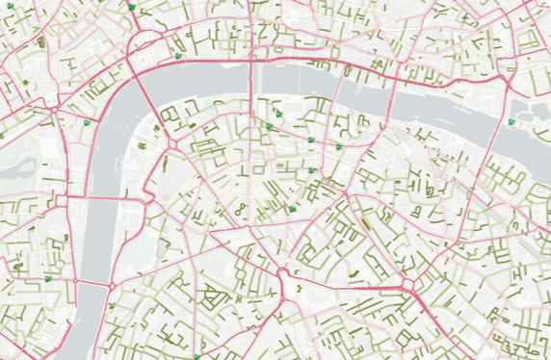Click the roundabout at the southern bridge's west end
75,280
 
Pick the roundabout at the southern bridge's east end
112,285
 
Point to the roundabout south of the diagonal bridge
172,143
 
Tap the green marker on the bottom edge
197,355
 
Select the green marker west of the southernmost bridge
47,278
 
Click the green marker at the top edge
131,6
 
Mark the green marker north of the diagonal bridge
179,56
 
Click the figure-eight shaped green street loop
239,208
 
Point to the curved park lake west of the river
15,166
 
